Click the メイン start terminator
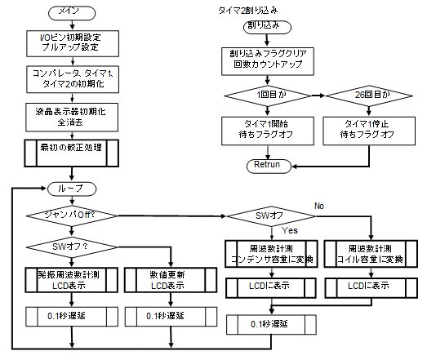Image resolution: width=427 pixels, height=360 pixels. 72,13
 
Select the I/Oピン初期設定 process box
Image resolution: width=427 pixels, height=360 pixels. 73,43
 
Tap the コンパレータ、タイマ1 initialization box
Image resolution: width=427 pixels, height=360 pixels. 73,79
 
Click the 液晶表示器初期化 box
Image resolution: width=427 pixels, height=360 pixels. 72,117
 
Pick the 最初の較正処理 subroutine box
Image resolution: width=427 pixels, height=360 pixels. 72,153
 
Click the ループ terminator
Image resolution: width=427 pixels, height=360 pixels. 72,189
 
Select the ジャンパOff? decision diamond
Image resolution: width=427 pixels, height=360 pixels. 72,216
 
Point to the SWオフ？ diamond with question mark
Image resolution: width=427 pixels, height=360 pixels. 72,247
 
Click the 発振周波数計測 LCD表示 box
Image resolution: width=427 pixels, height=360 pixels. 72,280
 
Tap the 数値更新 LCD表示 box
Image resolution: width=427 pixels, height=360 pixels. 171,280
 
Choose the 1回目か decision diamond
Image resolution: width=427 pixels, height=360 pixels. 268,96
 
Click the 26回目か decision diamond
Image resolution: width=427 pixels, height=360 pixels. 369,96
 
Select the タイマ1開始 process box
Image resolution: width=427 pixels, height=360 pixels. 268,131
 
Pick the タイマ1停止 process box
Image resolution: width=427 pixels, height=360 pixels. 369,131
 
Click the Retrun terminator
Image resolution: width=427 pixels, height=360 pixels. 269,166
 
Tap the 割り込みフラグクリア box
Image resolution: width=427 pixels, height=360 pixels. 268,61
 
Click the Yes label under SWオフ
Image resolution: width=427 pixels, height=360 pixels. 290,230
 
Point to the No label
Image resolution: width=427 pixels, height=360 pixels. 319,206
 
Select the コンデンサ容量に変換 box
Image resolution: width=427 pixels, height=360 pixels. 272,254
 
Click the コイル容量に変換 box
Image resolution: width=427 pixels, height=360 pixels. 371,254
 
